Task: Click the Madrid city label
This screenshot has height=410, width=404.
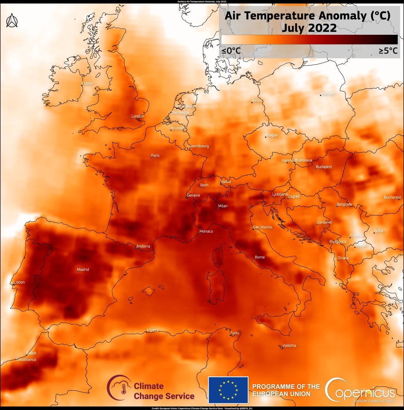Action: pos(83,270)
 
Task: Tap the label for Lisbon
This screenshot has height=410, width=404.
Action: pos(19,282)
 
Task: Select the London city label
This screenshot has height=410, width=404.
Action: pos(138,116)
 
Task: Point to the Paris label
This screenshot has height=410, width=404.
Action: pos(155,155)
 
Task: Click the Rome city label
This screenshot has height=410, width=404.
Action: pos(260,257)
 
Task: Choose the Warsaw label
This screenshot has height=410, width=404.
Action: pos(328,93)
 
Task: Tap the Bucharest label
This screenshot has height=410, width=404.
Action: pos(393,197)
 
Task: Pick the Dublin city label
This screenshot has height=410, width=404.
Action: pos(87,83)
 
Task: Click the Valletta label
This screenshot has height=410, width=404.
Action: pos(289,346)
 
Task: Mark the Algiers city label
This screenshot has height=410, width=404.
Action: pos(152,330)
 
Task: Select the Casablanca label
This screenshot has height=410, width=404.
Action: pos(26,359)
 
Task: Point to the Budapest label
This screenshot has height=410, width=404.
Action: pos(324,167)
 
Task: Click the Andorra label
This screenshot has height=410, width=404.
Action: pos(143,246)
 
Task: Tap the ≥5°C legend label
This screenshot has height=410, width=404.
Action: pos(388,51)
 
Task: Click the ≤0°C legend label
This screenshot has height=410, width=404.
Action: pos(231,51)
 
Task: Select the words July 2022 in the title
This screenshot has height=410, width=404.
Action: pos(309,28)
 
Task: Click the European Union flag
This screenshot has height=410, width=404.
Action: pos(228,389)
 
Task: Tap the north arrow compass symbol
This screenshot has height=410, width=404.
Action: pos(12,21)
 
